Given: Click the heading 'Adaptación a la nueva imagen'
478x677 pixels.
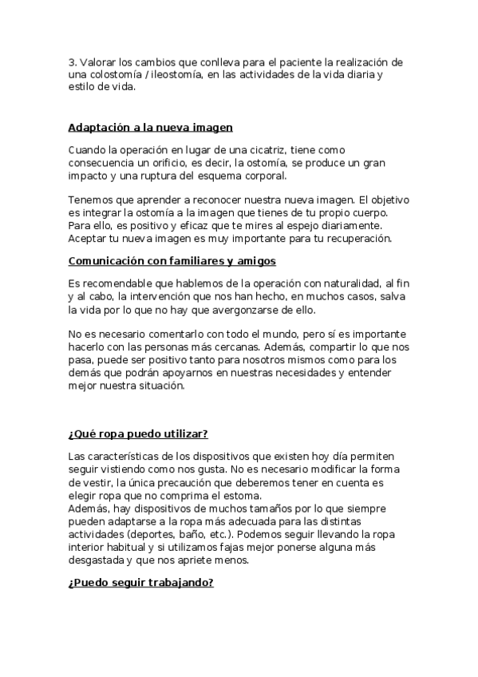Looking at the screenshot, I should pos(150,127).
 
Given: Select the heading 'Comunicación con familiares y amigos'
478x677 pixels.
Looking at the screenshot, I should pos(171,260).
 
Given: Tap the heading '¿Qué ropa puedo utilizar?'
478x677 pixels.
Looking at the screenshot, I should pos(138,434).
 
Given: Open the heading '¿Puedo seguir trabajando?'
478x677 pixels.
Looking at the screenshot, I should pos(140,583).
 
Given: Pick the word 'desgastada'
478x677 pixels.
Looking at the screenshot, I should pos(98,560).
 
